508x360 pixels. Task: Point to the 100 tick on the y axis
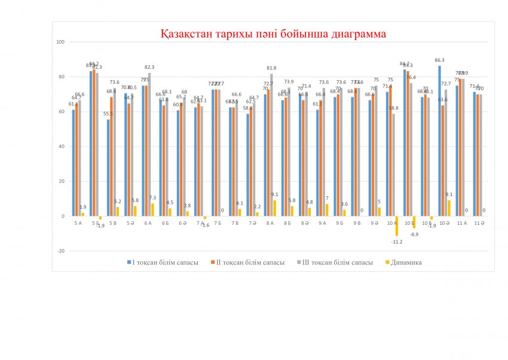pos(60,42)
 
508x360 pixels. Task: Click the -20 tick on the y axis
pos(60,251)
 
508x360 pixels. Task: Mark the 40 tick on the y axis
pos(62,147)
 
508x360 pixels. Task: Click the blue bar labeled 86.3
pos(439,141)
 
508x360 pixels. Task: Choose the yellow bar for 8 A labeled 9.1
pos(275,208)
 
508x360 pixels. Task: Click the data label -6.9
pos(414,234)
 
